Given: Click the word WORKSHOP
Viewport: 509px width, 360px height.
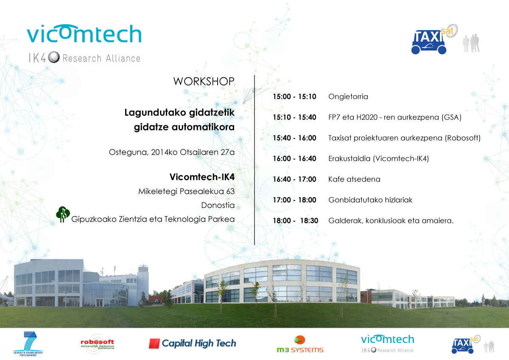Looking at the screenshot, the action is tap(204, 82).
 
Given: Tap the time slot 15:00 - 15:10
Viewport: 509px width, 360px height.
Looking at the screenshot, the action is tap(294, 97).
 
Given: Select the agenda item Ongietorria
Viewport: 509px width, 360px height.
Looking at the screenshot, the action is tap(348, 97).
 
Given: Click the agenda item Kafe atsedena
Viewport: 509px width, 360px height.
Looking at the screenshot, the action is tap(354, 179).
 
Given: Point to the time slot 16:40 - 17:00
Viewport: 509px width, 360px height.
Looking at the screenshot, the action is tap(294, 179).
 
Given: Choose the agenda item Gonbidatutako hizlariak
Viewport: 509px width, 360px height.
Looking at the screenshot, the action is tap(370, 200).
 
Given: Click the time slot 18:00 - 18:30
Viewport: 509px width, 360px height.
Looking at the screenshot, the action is tap(295, 221).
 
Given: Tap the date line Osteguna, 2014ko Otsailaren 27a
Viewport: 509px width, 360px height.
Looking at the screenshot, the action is tap(172, 152).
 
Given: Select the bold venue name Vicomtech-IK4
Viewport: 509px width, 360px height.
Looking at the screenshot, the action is tap(202, 177).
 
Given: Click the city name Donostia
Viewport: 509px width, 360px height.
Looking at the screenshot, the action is tap(218, 205).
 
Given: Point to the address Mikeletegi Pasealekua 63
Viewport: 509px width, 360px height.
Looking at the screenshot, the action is tap(186, 191).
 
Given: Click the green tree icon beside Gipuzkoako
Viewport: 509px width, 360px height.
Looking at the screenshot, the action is tap(63, 214).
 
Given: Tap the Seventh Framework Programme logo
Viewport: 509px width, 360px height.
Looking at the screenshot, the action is tap(28, 343).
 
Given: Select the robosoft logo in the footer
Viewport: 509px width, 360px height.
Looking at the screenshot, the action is tap(98, 344).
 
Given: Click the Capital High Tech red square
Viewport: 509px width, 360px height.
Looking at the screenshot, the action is tap(154, 343).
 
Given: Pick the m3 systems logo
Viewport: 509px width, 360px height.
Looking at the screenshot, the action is tap(300, 344).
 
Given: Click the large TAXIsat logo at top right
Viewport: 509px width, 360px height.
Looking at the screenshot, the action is tap(434, 39).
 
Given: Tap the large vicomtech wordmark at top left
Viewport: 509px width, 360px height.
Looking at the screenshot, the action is tap(84, 34).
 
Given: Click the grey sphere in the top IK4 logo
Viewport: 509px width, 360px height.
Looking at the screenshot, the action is tap(54, 57).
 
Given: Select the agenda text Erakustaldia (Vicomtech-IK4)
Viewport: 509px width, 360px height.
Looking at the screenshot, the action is tap(378, 158).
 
